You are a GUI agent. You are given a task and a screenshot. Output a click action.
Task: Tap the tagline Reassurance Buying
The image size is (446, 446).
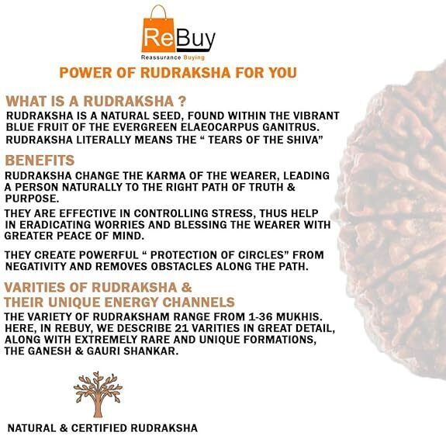[173, 57]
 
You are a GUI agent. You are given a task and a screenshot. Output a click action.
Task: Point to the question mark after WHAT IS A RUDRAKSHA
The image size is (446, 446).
[182, 102]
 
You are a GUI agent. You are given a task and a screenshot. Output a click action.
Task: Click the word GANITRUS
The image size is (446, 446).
[289, 127]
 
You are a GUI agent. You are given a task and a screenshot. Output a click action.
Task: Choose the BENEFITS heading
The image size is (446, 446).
[40, 161]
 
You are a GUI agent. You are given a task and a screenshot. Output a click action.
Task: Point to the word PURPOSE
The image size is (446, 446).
[31, 199]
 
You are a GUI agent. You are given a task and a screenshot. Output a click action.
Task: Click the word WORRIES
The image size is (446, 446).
[119, 224]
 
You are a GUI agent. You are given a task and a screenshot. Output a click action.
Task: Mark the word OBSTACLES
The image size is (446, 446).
[182, 266]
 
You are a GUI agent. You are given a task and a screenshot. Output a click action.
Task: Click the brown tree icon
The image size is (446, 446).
[98, 394]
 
